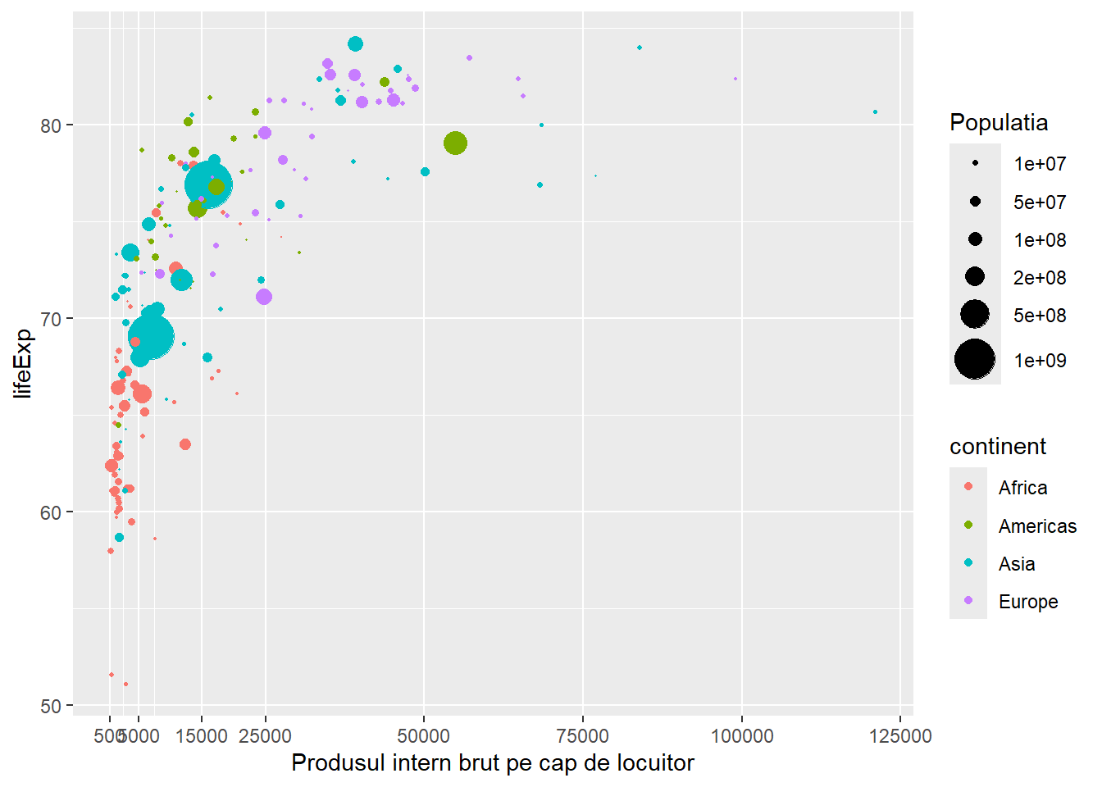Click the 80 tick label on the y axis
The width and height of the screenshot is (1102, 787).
[51, 125]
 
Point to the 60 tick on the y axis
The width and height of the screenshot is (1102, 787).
[51, 512]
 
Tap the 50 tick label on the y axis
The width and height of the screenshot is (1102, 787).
[51, 706]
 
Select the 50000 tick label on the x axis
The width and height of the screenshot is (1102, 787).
[424, 735]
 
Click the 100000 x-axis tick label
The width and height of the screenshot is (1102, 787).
[741, 735]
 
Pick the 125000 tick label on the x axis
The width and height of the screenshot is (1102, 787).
[900, 735]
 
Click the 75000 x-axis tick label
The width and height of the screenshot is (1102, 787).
[583, 735]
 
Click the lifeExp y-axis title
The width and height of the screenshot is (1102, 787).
[23, 363]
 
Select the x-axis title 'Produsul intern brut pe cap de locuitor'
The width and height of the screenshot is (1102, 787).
[492, 763]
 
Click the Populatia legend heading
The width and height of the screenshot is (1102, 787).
[999, 123]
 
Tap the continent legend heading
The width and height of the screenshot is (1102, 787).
[998, 447]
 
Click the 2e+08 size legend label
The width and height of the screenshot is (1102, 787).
[1040, 278]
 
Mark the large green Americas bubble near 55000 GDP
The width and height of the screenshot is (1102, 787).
[456, 143]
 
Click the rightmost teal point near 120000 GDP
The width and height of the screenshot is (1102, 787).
[875, 112]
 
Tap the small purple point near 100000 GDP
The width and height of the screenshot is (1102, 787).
[735, 79]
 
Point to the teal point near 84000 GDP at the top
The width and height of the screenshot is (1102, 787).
[640, 48]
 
